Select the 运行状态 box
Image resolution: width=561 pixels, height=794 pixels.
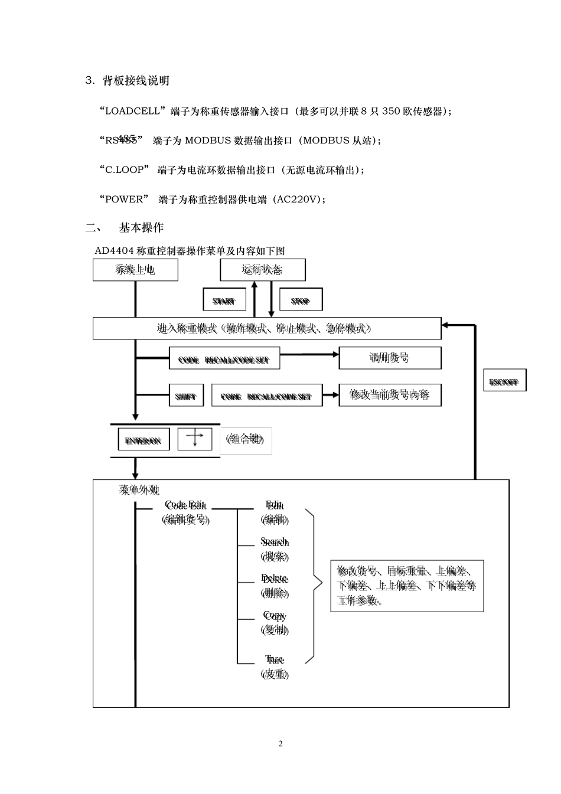[262, 270]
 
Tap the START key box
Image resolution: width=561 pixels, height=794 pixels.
[224, 300]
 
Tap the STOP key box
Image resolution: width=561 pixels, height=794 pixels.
[301, 300]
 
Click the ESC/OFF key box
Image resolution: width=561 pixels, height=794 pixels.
[504, 381]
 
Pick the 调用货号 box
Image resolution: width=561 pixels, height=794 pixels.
[390, 358]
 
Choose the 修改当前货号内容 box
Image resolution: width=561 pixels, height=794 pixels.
[390, 394]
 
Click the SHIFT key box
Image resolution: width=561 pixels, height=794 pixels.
[185, 396]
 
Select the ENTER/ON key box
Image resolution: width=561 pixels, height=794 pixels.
[143, 440]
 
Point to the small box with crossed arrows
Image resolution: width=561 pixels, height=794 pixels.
[195, 439]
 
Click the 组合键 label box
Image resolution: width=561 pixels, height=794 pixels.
[246, 440]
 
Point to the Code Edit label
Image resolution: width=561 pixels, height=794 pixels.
[185, 505]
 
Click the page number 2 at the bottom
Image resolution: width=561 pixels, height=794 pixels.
[280, 743]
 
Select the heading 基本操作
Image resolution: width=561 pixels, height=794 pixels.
[142, 227]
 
